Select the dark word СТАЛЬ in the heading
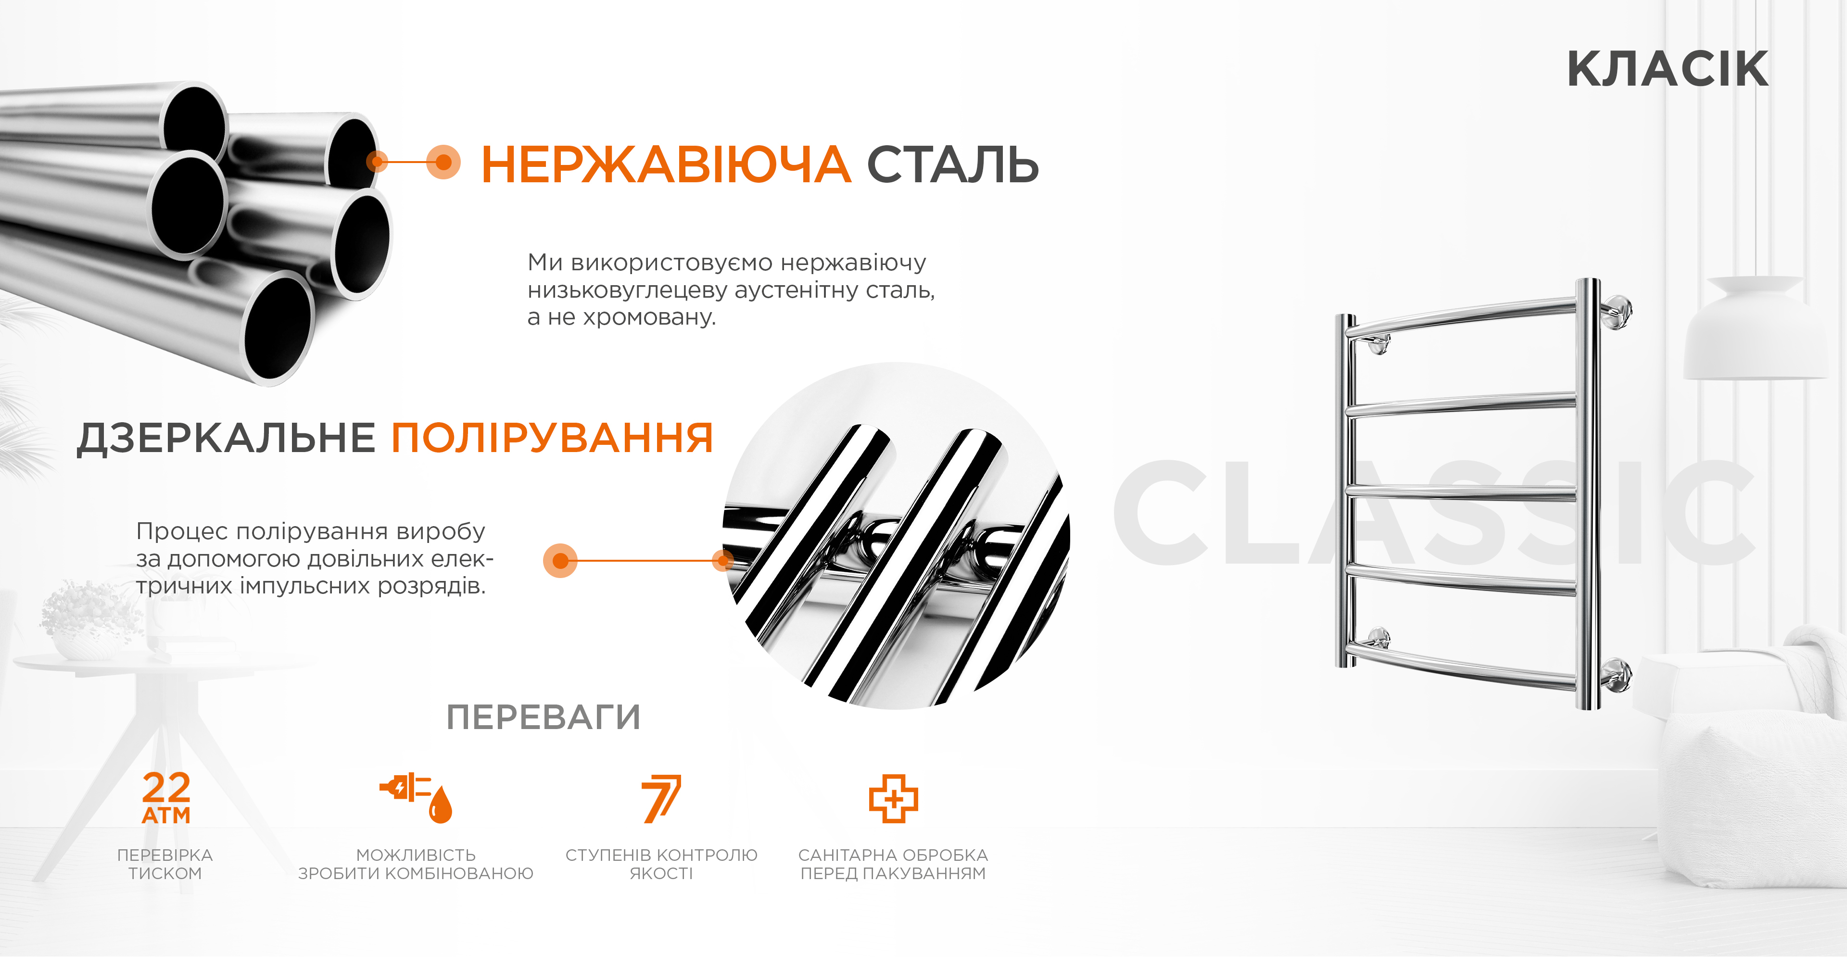(x=953, y=164)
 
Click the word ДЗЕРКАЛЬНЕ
(x=226, y=438)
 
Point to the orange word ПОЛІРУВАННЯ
(x=552, y=438)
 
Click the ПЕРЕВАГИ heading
(x=544, y=717)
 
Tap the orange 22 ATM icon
(x=166, y=798)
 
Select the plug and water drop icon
(x=416, y=798)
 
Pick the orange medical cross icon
(x=893, y=798)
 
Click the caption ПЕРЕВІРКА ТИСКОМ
(x=165, y=864)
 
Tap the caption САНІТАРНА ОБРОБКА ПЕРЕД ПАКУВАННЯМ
(x=893, y=864)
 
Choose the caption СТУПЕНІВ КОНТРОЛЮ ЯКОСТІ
(x=661, y=864)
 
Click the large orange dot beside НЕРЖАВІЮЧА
(x=444, y=162)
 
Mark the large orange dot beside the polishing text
(x=560, y=561)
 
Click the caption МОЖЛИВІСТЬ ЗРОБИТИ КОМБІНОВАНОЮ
(x=416, y=864)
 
